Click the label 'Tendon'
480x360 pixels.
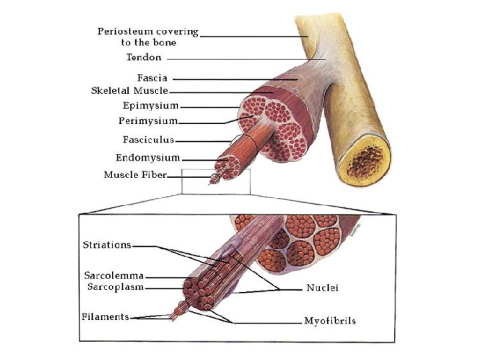tap(143, 58)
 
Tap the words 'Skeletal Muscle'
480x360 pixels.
tap(129, 91)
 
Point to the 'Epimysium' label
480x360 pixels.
tap(150, 105)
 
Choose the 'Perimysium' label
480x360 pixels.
tap(148, 121)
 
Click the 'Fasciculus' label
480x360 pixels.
tap(148, 140)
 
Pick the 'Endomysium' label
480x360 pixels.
tap(147, 158)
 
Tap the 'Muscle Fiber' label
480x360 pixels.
tap(135, 175)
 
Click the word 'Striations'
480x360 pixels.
tap(107, 245)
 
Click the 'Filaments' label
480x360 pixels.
tap(105, 317)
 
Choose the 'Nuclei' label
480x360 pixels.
tap(323, 288)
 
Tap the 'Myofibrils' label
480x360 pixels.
tap(330, 321)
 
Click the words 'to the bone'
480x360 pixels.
tap(149, 42)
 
